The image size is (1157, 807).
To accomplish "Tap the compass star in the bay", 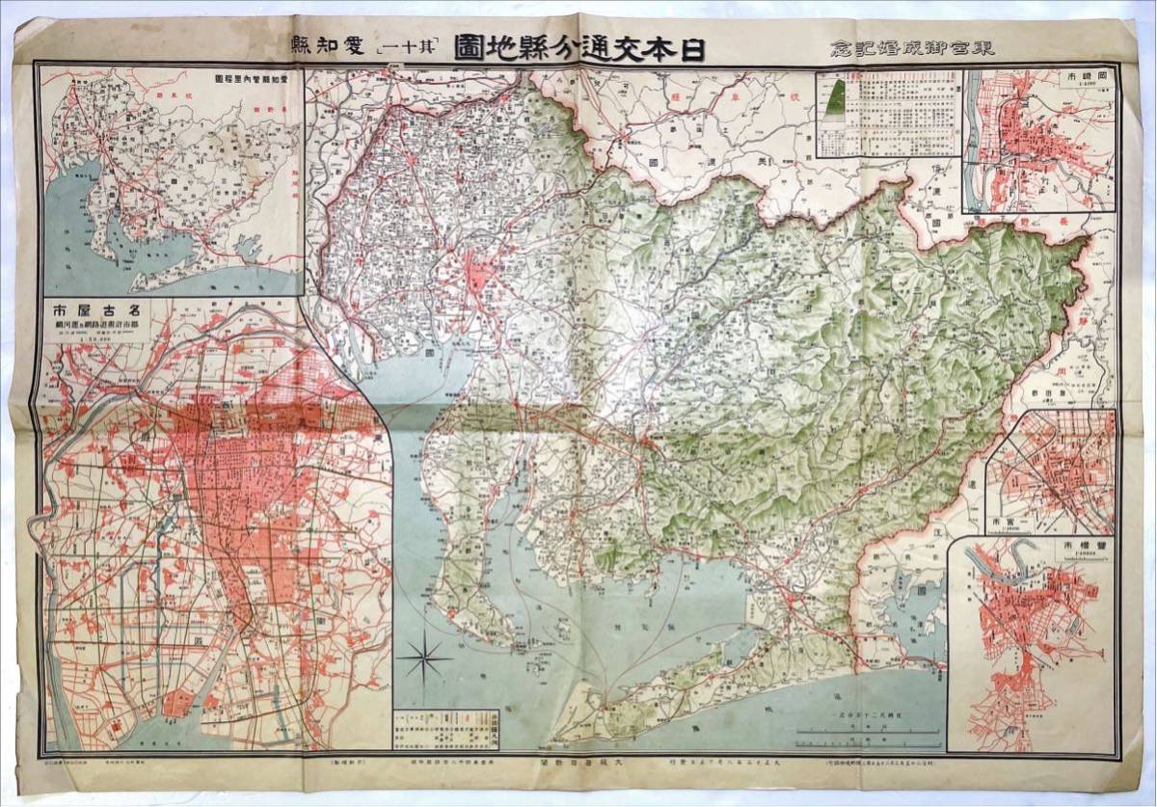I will pos(425,661).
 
